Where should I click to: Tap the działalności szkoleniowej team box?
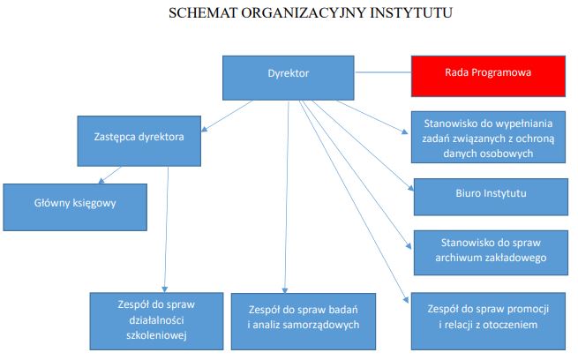155,319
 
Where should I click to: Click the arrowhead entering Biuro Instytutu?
410,188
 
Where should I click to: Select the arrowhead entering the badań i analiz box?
284,289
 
